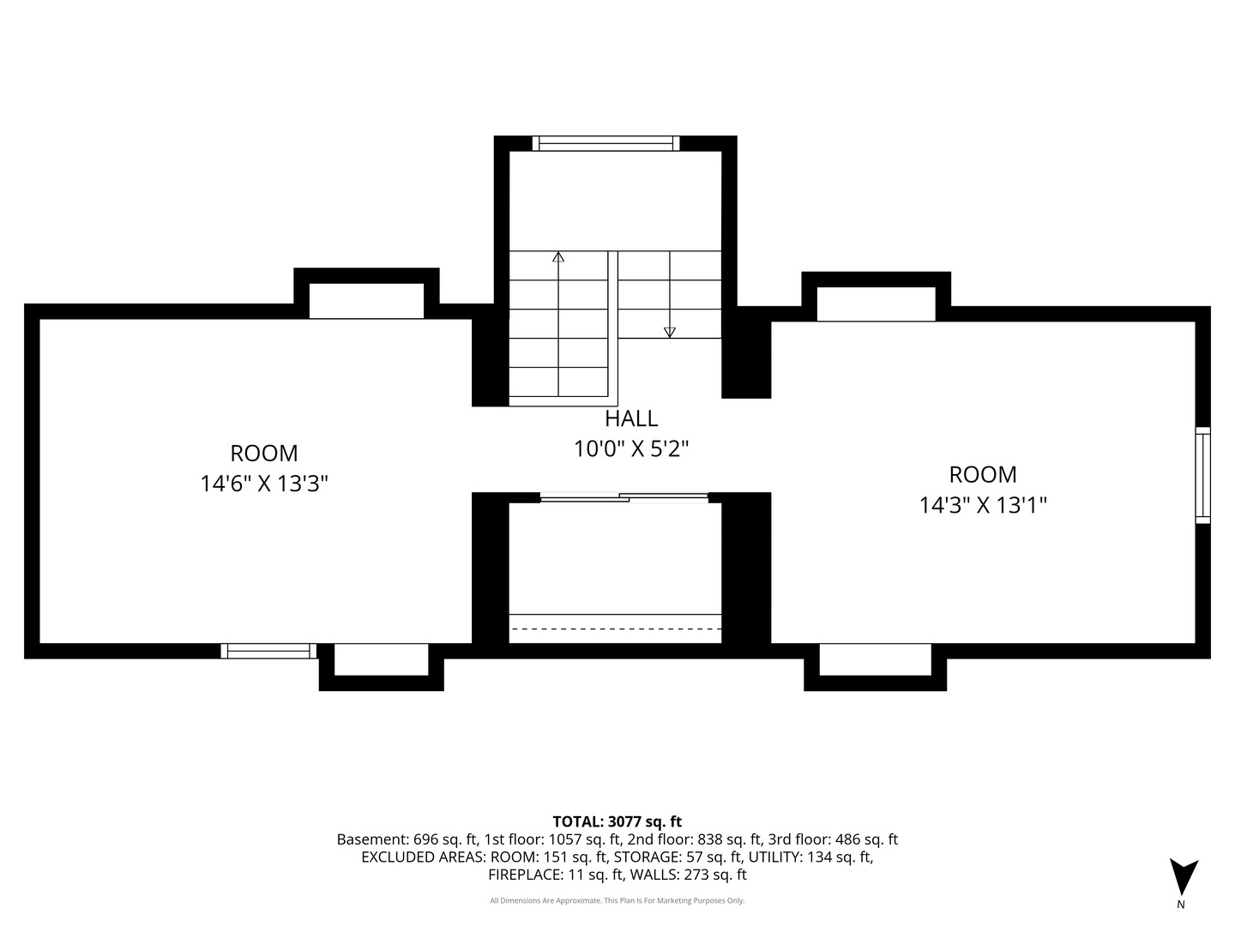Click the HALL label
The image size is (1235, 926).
point(630,418)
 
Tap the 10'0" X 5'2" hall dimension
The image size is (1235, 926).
point(630,448)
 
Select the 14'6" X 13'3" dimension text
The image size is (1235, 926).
point(264,483)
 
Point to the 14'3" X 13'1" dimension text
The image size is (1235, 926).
point(982,504)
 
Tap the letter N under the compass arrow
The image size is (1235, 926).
point(1180,904)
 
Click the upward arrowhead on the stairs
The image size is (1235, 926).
point(558,257)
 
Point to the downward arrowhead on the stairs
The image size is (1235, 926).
point(669,333)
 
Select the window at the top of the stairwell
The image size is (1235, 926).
point(606,143)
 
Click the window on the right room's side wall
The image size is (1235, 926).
point(1202,475)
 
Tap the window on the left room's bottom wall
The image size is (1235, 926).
point(268,651)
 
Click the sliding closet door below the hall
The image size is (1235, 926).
point(624,497)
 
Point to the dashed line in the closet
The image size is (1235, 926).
point(616,628)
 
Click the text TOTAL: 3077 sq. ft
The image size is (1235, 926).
point(617,821)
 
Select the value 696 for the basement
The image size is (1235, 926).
point(425,839)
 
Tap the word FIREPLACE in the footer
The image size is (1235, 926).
point(525,875)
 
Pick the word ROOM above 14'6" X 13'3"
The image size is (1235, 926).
point(264,454)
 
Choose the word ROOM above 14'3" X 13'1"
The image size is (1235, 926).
point(983,474)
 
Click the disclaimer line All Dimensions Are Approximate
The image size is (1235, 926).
point(617,900)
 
